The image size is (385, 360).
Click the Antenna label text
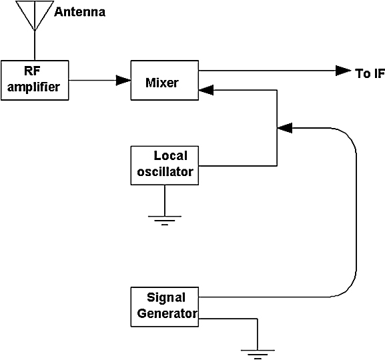tap(80, 12)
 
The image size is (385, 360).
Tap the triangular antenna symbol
tap(35, 15)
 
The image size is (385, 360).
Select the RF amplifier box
tap(35, 80)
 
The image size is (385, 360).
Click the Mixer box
tap(165, 80)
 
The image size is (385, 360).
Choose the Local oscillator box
tap(165, 165)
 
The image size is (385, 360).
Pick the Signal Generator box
tap(165, 307)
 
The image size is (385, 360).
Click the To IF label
tap(370, 73)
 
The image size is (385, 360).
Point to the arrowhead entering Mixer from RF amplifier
tap(123, 80)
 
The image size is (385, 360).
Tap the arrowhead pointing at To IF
tap(344, 71)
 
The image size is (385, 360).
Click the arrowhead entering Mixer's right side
tap(206, 90)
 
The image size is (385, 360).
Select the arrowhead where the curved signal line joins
tap(284, 128)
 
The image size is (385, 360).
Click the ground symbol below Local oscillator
tap(165, 221)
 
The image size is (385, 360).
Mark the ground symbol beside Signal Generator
tap(258, 355)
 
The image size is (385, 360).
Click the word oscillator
tap(165, 171)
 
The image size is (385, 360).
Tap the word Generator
tap(167, 313)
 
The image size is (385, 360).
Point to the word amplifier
tap(33, 87)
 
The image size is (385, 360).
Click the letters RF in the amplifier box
tap(32, 71)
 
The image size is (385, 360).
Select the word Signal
tap(166, 298)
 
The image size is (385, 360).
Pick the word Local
tap(170, 155)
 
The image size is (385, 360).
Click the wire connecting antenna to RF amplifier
tap(35, 45)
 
